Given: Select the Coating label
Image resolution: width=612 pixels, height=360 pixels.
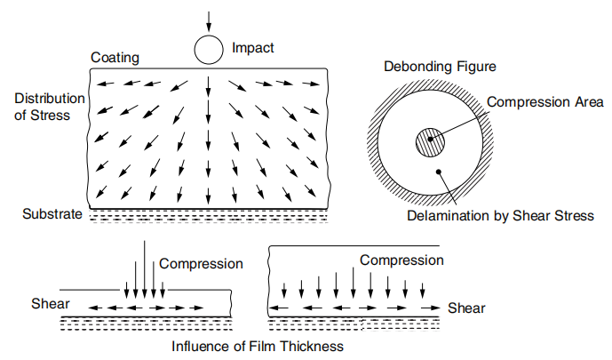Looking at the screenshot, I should click(115, 58).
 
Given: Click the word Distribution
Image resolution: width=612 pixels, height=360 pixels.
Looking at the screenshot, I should click(50, 98).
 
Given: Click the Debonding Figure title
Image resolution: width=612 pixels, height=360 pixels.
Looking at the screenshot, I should click(439, 68).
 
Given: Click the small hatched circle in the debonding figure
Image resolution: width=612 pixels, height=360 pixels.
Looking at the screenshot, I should click(431, 142).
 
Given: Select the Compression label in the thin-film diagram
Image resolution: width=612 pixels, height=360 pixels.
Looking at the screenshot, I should click(201, 264).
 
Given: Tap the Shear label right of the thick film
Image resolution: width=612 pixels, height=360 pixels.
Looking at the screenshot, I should click(466, 308).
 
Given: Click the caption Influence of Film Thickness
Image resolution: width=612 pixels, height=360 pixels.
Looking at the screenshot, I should click(258, 345).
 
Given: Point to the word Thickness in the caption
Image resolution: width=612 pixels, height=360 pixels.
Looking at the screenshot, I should click(311, 345).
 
